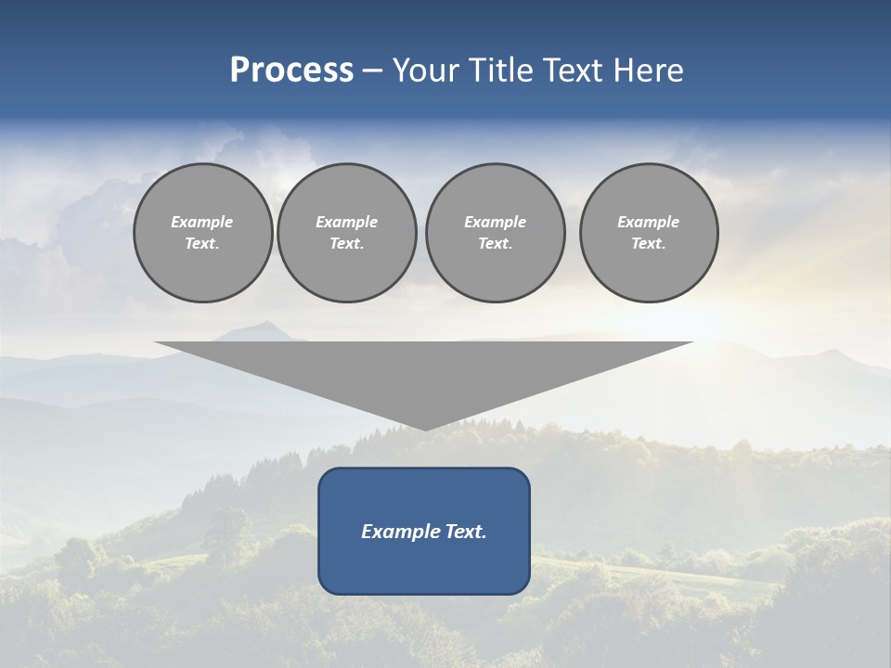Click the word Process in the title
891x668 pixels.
click(x=291, y=71)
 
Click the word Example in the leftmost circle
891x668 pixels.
click(x=202, y=222)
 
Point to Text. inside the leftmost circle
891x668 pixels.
click(x=202, y=244)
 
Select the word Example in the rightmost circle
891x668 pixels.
click(x=649, y=222)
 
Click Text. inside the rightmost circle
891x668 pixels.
click(x=649, y=244)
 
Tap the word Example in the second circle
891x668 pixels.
click(x=347, y=222)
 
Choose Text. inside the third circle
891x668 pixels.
click(x=495, y=244)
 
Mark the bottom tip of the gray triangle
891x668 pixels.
click(x=425, y=429)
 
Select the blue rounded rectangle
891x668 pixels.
click(x=424, y=566)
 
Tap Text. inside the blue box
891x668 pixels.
click(x=464, y=532)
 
